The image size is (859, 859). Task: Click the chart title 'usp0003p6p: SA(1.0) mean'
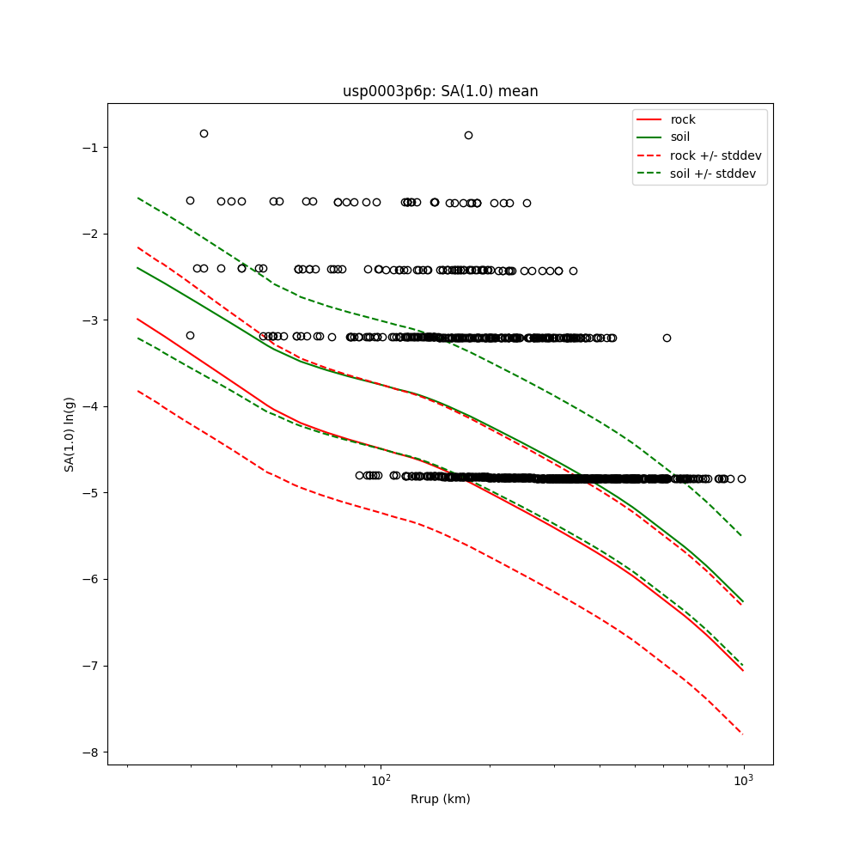coord(440,91)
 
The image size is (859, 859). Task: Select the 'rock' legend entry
coord(683,119)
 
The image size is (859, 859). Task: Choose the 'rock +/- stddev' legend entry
coord(716,155)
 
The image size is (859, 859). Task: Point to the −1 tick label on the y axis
coord(88,148)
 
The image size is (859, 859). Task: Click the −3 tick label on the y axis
coord(88,320)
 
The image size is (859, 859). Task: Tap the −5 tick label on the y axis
coord(88,493)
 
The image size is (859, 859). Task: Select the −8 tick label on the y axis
coord(88,752)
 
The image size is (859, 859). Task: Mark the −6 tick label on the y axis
coord(88,580)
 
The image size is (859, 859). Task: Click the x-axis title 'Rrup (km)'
coord(440,799)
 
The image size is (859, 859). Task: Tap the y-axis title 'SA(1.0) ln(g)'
coord(70,434)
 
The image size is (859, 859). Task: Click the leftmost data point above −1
coord(204,133)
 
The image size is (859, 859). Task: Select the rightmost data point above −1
coord(468,135)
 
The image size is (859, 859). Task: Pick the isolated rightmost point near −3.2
coord(667,338)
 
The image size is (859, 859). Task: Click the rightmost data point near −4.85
coord(741,478)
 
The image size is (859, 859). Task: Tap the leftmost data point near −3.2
coord(190,335)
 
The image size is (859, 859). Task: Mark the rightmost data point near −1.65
coord(527,203)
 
